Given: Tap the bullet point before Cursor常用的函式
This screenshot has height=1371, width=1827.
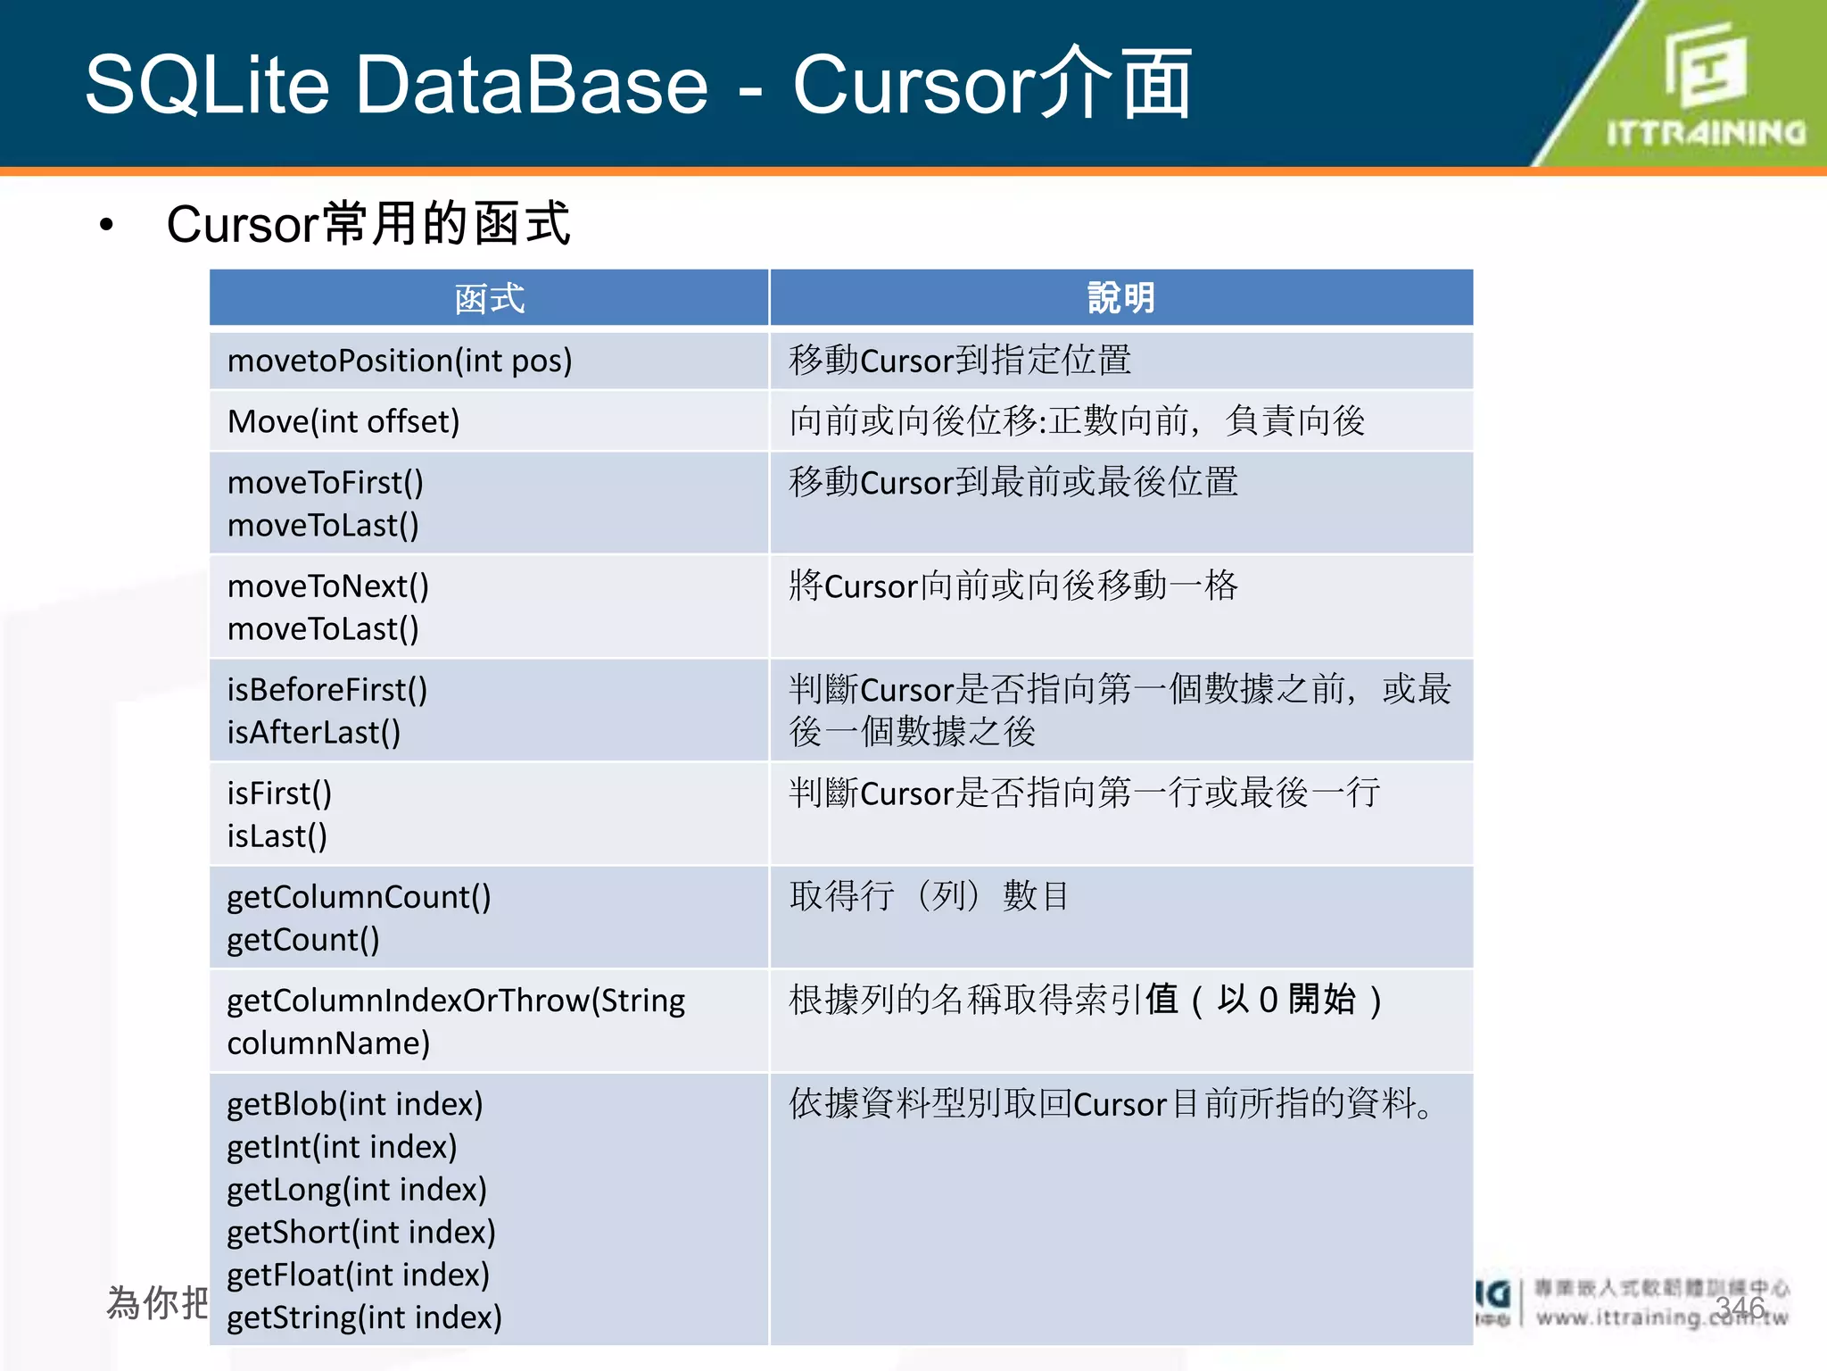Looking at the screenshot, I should click(107, 225).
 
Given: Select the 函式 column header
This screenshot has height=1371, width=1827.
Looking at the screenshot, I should click(489, 298).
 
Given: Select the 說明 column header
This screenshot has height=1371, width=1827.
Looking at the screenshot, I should click(1120, 298).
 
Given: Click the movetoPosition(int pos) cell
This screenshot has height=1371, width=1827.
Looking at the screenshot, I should click(400, 361).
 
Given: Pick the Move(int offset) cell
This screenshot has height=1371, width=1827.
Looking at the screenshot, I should click(343, 421).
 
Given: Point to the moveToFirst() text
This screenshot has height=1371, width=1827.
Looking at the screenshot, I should click(326, 483).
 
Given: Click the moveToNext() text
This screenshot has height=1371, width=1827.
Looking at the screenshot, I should click(328, 586).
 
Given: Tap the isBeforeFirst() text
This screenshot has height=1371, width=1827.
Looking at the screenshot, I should click(327, 690).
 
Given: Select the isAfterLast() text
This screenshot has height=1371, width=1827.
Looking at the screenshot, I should click(314, 733).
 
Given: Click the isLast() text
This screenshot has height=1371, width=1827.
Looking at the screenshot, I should click(277, 836).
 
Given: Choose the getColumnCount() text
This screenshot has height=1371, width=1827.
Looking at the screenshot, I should click(359, 897).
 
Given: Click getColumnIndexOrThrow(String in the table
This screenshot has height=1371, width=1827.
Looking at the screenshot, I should click(456, 1001).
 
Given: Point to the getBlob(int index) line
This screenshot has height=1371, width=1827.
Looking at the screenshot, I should click(355, 1104).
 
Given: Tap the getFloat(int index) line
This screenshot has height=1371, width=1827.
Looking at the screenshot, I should click(359, 1275).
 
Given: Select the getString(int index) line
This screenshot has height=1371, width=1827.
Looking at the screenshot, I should click(364, 1317).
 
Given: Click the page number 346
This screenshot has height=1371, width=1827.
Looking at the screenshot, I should click(1740, 1308).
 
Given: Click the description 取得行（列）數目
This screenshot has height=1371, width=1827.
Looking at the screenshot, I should click(929, 896).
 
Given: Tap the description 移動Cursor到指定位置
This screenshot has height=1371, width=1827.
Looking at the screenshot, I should click(960, 361).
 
